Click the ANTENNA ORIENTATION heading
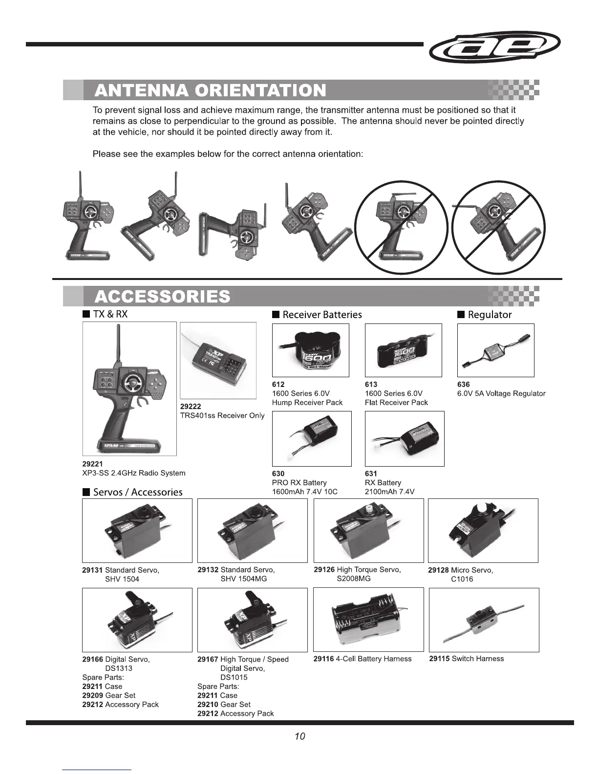click(x=210, y=90)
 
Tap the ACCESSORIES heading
click(x=162, y=297)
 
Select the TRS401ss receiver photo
click(x=218, y=360)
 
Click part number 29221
click(x=92, y=464)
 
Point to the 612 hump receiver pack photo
click(x=310, y=350)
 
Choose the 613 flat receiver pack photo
click(x=403, y=350)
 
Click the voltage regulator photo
click(x=495, y=350)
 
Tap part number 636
click(x=463, y=385)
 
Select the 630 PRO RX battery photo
click(x=311, y=438)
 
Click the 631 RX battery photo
click(x=405, y=438)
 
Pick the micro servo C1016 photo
click(x=483, y=530)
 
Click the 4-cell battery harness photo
click(x=368, y=620)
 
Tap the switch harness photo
click(x=484, y=620)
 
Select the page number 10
click(x=299, y=736)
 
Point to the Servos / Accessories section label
click(x=137, y=492)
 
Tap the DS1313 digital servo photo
click(x=137, y=620)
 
